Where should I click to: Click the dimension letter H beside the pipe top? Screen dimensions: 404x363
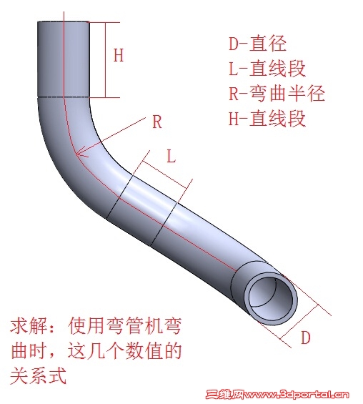[x=119, y=56]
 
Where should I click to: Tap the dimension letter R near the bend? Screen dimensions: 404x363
[x=157, y=122]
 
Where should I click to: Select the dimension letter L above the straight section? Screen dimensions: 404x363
[x=171, y=157]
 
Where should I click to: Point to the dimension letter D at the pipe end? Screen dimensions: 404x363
[x=305, y=338]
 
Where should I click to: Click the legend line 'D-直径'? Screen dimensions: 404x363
[x=257, y=44]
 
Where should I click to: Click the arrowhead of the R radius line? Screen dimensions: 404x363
[x=81, y=152]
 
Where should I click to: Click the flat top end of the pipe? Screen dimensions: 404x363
[x=64, y=24]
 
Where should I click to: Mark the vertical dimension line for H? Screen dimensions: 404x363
[x=105, y=59]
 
